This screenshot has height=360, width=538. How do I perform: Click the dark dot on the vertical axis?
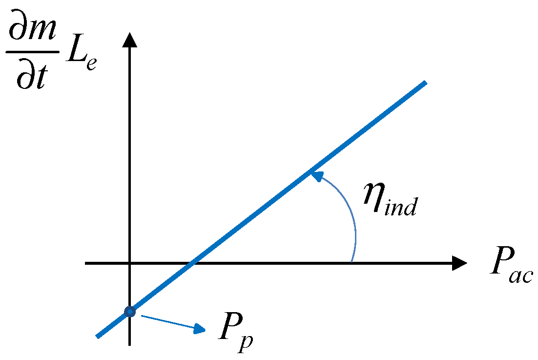pyautogui.click(x=129, y=311)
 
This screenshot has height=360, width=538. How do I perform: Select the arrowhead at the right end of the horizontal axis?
pyautogui.click(x=459, y=263)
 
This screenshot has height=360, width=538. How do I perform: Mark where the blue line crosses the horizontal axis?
pyautogui.click(x=193, y=263)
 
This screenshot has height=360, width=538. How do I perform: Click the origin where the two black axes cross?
pyautogui.click(x=129, y=263)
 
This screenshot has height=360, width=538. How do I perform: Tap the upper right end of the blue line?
pyautogui.click(x=425, y=83)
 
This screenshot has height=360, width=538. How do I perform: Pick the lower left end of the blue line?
pyautogui.click(x=98, y=336)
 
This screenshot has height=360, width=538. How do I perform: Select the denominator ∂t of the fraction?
pyautogui.click(x=32, y=77)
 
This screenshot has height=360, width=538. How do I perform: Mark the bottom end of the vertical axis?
pyautogui.click(x=129, y=344)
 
